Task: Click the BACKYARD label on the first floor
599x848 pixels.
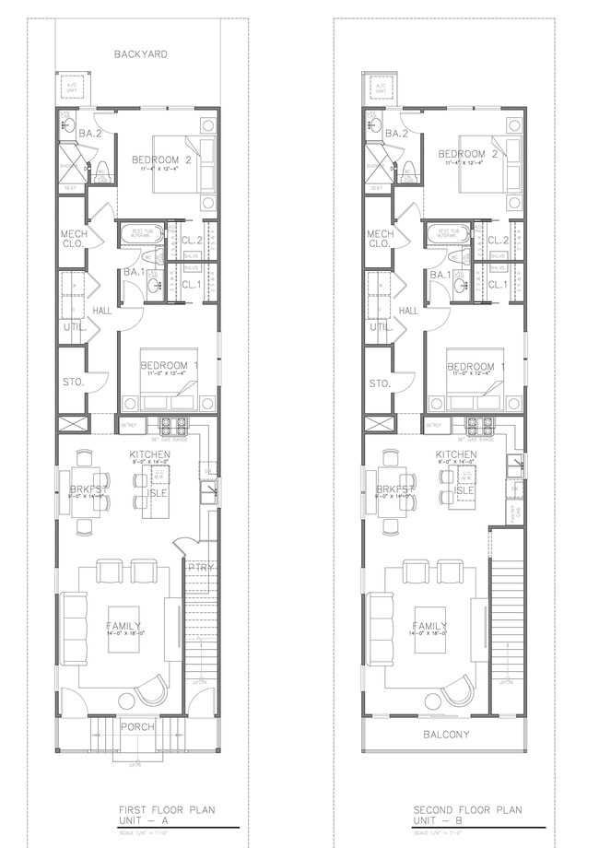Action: [140, 55]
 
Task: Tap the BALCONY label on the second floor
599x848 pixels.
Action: [446, 735]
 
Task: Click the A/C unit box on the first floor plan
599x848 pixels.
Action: [73, 88]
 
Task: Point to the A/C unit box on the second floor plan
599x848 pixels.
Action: [380, 88]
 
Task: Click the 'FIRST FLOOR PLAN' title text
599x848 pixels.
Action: [159, 810]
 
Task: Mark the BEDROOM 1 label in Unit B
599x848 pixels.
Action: [476, 367]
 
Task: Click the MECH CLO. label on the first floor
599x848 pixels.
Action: [74, 239]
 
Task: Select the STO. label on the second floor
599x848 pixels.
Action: [379, 381]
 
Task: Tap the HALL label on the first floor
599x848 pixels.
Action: [102, 311]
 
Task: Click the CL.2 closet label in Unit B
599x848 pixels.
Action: [498, 241]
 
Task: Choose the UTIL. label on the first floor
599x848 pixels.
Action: [74, 327]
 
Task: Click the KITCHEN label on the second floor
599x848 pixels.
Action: [457, 455]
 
